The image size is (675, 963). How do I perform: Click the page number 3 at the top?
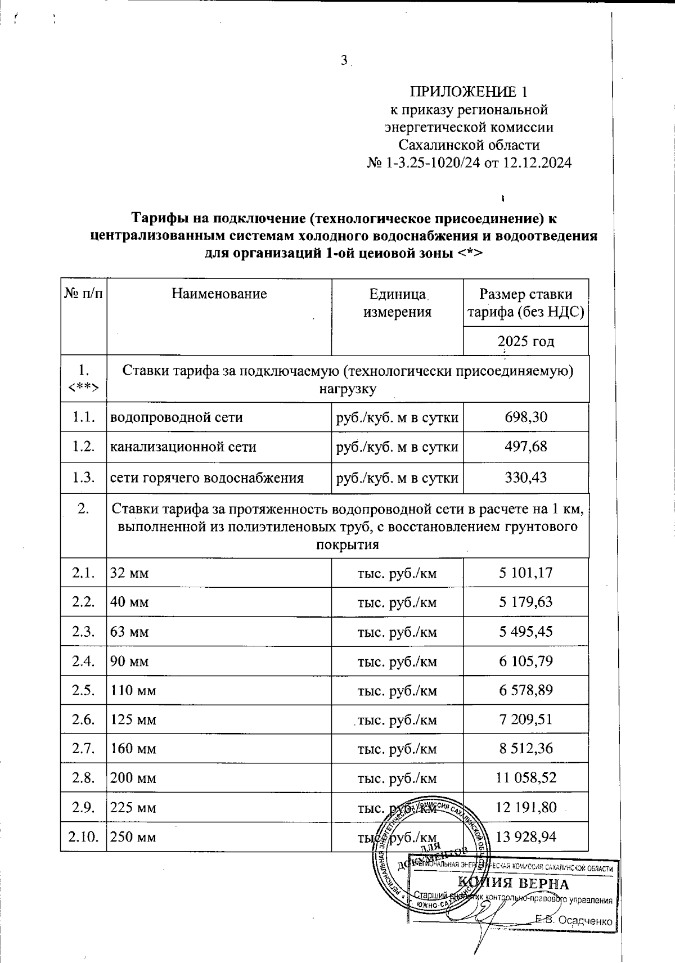[344, 61]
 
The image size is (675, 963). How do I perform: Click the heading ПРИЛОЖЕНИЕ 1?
[469, 92]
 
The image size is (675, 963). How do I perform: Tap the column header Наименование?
[219, 293]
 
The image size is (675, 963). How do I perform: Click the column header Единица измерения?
[397, 303]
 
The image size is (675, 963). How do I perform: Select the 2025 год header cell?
[526, 341]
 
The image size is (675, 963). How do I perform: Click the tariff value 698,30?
[526, 417]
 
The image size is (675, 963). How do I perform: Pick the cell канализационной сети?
[183, 447]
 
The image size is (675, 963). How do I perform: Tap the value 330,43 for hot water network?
[526, 478]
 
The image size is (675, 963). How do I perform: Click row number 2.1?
[83, 573]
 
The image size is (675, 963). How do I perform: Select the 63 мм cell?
[129, 632]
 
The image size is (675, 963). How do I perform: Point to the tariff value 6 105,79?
[526, 661]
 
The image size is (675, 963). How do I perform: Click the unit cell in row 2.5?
[397, 690]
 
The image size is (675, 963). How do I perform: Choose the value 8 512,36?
[526, 749]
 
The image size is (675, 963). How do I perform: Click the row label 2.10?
[83, 837]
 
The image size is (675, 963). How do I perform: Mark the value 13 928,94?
[526, 837]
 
